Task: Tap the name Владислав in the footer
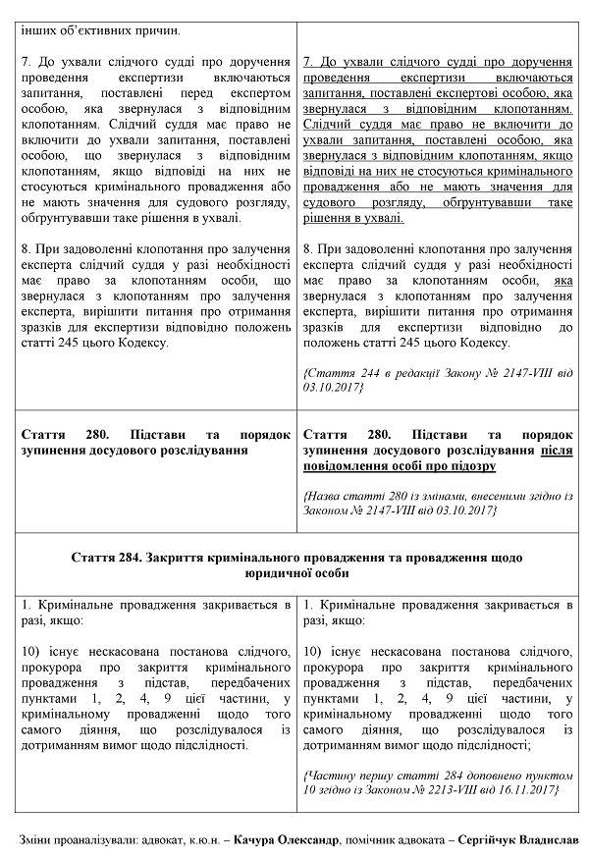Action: click(546, 840)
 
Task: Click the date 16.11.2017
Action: click(527, 788)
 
